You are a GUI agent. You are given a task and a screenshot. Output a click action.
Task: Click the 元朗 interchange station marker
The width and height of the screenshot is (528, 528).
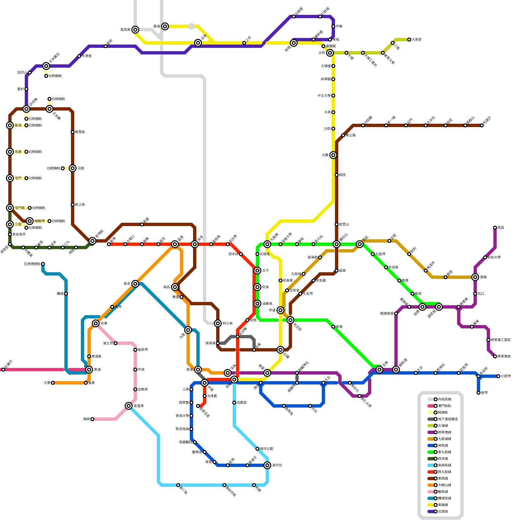[73, 168]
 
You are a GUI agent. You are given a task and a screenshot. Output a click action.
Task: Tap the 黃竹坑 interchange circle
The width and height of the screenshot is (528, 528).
[267, 465]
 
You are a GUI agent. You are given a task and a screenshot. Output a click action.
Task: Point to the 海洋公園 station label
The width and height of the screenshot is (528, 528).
[266, 449]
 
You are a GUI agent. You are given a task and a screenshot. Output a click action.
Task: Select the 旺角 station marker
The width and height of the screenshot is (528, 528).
[257, 287]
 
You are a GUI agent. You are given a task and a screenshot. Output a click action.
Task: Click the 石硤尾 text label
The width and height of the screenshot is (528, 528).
[265, 254]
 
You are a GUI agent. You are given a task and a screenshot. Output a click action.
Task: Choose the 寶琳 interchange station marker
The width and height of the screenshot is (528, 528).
[475, 277]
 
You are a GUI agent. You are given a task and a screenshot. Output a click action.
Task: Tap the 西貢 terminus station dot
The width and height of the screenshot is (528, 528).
[495, 228]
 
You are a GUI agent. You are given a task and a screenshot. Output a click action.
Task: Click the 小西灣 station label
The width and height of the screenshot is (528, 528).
[506, 376]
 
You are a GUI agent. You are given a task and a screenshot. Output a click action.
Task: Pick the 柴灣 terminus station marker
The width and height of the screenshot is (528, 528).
[478, 393]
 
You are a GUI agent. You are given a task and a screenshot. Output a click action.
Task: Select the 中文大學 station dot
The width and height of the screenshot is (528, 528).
[333, 96]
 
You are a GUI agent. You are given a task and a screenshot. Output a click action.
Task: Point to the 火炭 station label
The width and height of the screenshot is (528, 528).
[327, 112]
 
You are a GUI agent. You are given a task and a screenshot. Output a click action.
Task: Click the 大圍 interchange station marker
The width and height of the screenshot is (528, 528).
[333, 155]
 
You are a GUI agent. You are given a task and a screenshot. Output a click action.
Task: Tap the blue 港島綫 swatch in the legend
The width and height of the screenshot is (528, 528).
[431, 445]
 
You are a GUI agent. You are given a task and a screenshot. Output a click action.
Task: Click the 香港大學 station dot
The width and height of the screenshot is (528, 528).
[191, 416]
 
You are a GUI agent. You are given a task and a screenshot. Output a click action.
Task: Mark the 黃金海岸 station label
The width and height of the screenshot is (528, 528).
[19, 234]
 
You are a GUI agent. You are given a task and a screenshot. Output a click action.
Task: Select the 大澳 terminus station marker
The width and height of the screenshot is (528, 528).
[53, 383]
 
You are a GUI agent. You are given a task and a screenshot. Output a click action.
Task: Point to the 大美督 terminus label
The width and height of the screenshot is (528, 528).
[416, 40]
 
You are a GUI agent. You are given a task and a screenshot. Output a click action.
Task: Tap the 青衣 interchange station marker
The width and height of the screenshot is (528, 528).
[135, 284]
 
